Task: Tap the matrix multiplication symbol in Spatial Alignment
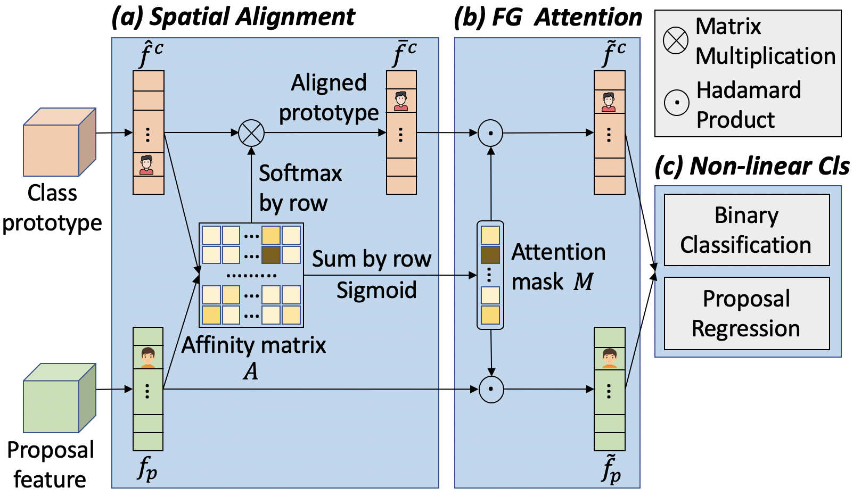[251, 133]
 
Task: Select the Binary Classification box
[747, 230]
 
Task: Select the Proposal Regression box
[747, 313]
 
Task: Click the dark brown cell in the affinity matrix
[271, 255]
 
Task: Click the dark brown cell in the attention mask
[490, 255]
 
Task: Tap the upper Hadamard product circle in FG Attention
[490, 133]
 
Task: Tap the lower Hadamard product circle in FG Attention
[491, 389]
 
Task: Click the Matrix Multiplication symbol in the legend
[676, 41]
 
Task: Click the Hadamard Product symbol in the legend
[677, 103]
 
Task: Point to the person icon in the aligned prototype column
[401, 101]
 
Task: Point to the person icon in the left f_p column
[147, 358]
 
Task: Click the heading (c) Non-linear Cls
[752, 167]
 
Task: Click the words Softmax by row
[300, 188]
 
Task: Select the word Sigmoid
[376, 291]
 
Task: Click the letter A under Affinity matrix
[251, 371]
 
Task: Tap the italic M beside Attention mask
[583, 282]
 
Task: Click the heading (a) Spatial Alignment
[233, 17]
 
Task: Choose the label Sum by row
[371, 259]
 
